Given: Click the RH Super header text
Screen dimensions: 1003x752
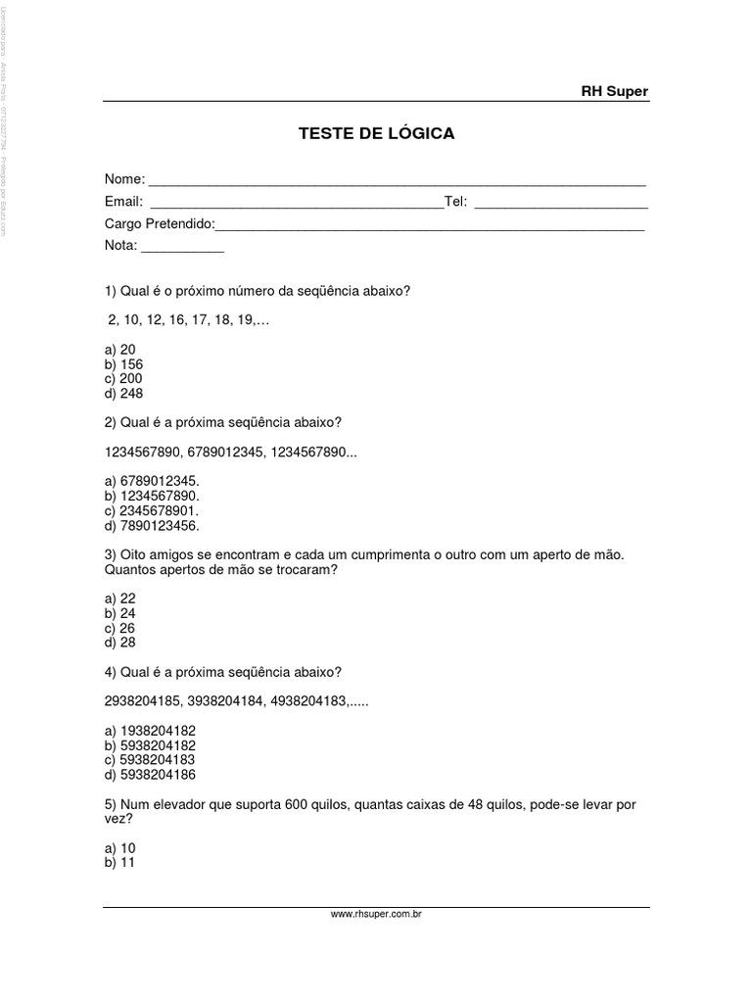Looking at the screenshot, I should [615, 92].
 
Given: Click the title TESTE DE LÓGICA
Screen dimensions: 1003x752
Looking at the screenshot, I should [376, 133].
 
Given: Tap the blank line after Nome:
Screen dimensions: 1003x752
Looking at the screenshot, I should [397, 182].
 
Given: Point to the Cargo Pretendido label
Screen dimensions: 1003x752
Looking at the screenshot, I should [159, 224].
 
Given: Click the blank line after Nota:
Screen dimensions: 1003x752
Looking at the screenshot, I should [183, 248].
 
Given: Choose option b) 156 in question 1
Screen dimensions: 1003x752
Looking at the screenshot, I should [123, 364].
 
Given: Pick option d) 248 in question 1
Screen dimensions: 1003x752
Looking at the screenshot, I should [123, 393].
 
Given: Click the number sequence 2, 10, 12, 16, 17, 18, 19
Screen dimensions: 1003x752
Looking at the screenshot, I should [185, 320].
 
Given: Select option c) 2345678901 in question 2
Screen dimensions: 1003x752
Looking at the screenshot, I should [151, 510].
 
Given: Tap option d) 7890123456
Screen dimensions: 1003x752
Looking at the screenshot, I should [151, 525].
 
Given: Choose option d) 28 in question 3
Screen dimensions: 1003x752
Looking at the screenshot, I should [119, 643].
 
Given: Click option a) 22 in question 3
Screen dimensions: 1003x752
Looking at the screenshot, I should [119, 598].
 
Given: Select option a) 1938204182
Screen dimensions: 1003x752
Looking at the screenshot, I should [147, 731].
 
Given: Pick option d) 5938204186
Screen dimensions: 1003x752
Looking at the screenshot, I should [147, 775].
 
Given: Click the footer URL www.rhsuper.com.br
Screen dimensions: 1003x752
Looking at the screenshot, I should [376, 913].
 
